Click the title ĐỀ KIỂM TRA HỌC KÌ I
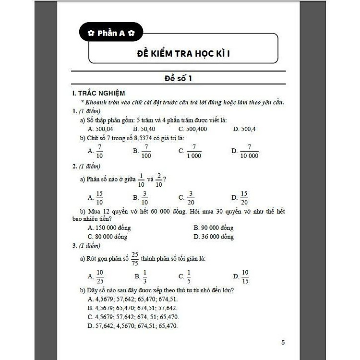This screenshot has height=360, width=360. pos(183,52)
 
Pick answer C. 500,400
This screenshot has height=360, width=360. pos(193,129)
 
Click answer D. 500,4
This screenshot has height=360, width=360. pos(244,129)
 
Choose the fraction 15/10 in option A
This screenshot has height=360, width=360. pos(99,197)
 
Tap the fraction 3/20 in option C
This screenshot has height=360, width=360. pos(191,197)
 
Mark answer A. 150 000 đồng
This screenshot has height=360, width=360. pos(109,228)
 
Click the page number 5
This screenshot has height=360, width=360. pos(283,342)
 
